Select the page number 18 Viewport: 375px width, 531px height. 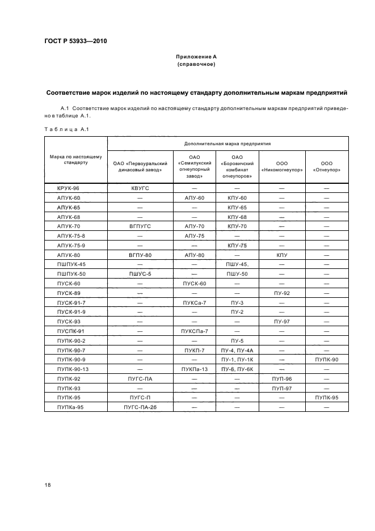point(48,484)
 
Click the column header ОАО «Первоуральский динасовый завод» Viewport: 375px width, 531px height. point(140,165)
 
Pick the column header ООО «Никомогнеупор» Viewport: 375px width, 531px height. point(282,165)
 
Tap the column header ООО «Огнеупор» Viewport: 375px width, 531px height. point(326,165)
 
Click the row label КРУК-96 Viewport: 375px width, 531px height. point(69,188)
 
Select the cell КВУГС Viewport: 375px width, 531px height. point(140,188)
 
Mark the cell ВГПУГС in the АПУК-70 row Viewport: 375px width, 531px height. point(140,226)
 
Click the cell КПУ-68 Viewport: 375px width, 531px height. point(237,217)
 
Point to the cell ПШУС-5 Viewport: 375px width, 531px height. point(140,274)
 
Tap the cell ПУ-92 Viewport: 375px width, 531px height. point(282,293)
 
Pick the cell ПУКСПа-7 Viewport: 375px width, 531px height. point(195,331)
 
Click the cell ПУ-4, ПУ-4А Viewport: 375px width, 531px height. point(237,351)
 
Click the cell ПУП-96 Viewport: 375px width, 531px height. point(282,379)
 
